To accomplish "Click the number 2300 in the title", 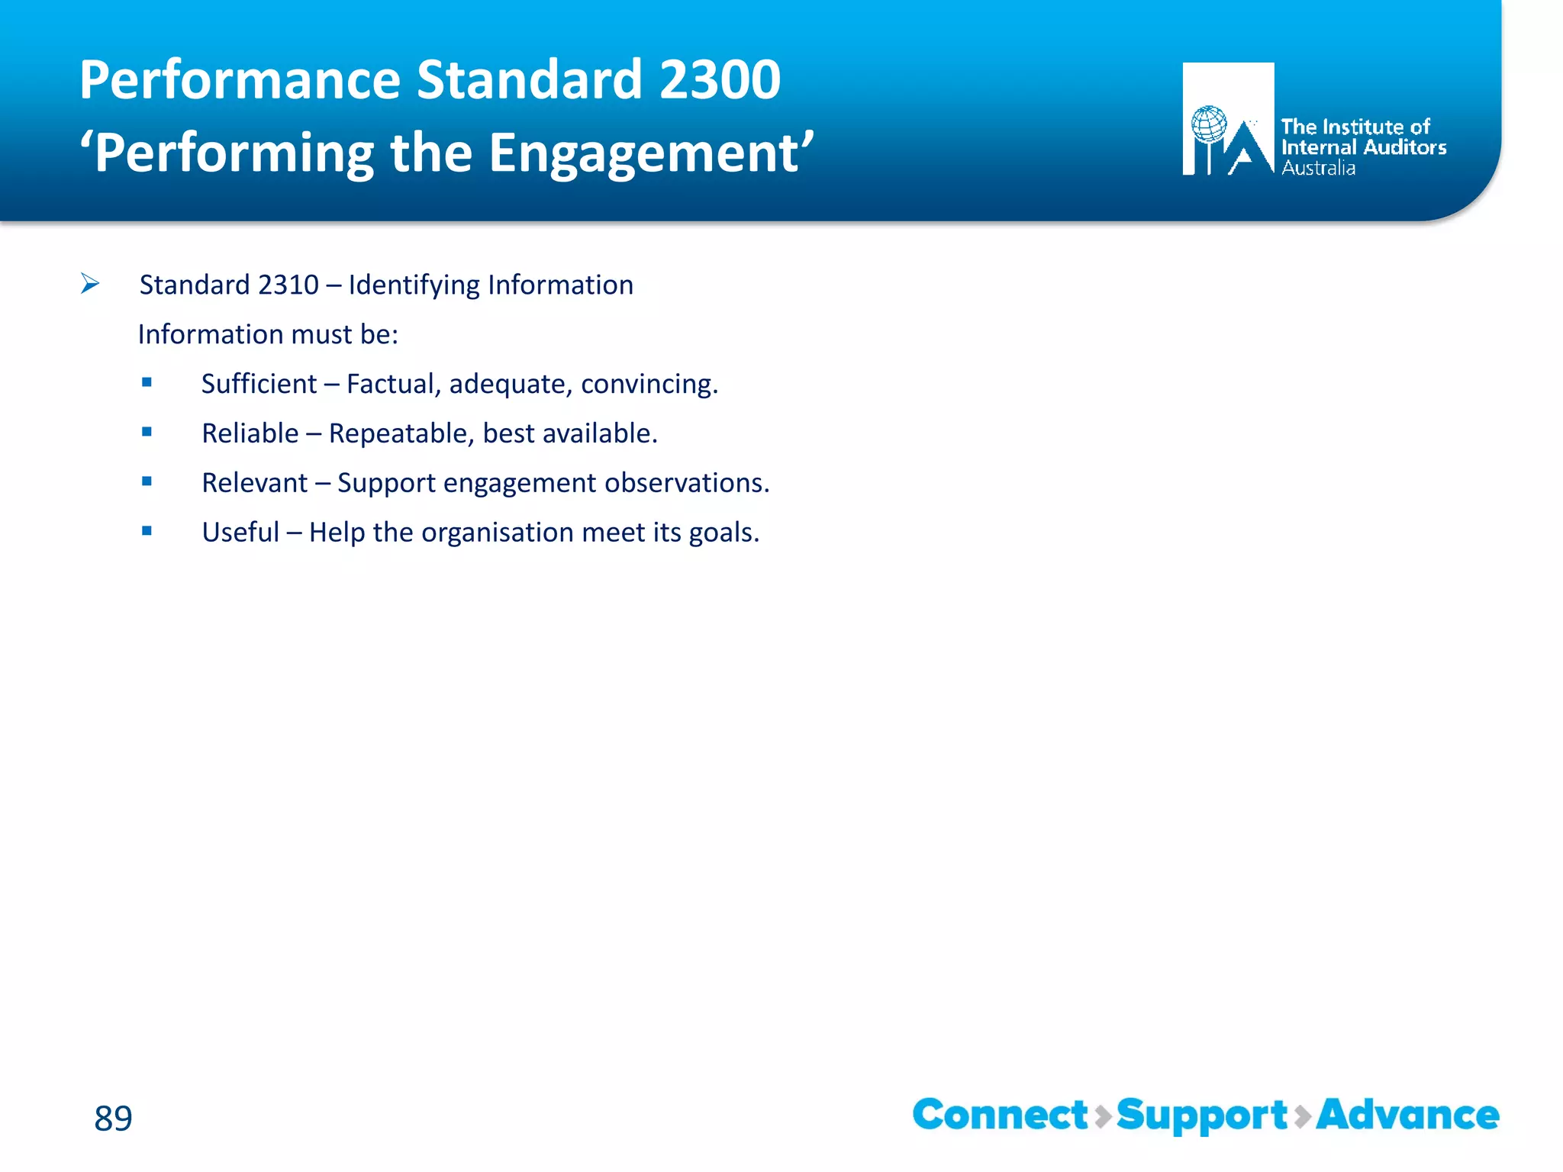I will pos(719,79).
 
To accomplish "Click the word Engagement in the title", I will pos(643,153).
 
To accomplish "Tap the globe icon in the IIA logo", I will pos(1209,124).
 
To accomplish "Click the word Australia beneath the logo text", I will pos(1318,169).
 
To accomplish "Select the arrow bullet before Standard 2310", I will pos(90,284).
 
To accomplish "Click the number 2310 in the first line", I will pos(288,285).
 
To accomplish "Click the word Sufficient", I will pos(259,384).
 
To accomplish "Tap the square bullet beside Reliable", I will pos(147,432).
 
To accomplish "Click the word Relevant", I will pos(254,483).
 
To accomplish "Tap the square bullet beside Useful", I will pos(147,531).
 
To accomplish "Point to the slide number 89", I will pos(113,1118).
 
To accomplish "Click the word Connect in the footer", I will pos(1000,1115).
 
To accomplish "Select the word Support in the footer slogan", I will pos(1202,1116).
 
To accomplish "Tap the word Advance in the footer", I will pos(1407,1115).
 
